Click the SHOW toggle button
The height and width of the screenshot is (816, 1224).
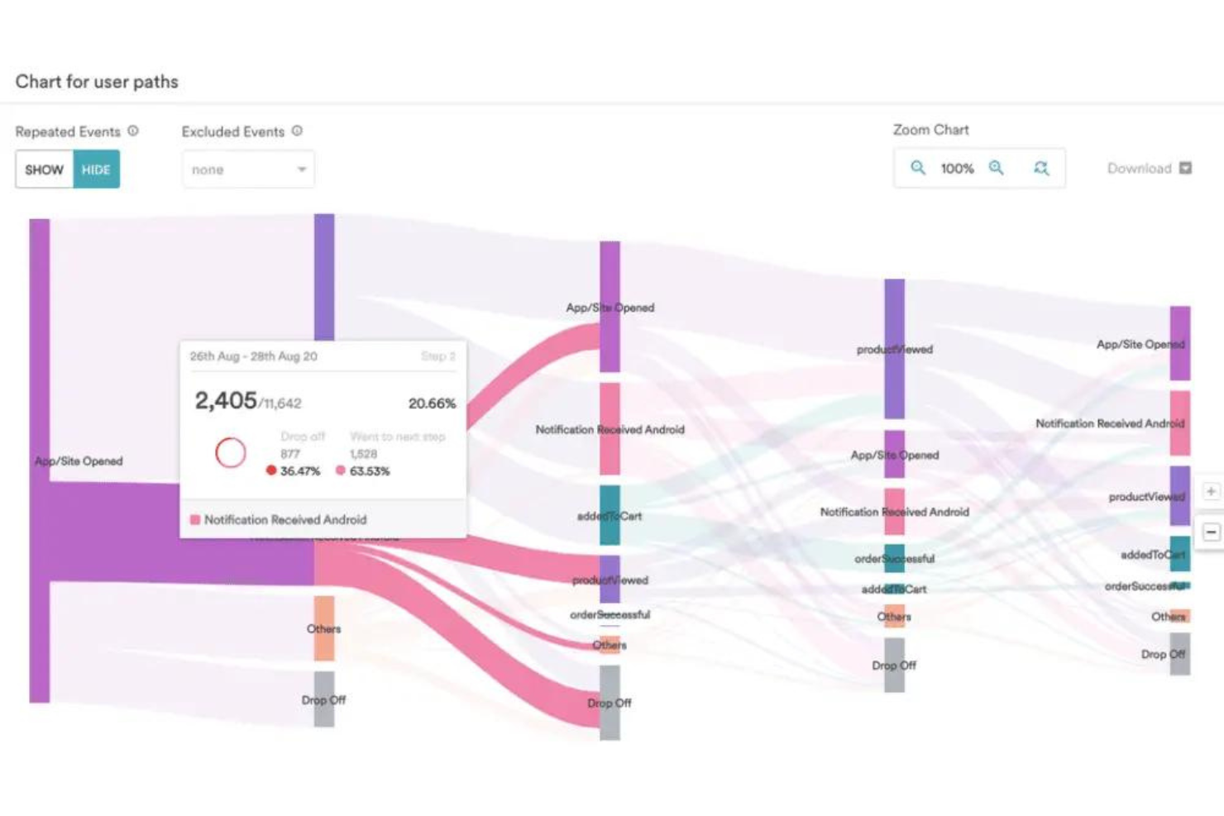click(44, 169)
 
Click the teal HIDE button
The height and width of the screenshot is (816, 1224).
click(96, 169)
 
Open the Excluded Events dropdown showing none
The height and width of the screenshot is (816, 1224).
click(248, 169)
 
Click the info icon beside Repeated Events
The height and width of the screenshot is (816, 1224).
click(133, 131)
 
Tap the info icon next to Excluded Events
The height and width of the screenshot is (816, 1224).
click(297, 131)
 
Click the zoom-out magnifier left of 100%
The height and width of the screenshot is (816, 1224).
click(918, 168)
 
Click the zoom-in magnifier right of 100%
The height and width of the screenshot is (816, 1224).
click(997, 168)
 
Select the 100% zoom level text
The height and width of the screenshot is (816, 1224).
click(957, 169)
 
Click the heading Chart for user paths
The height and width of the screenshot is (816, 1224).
click(97, 82)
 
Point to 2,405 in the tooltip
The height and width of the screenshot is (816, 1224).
click(226, 401)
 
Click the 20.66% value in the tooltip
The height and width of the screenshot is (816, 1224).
click(432, 403)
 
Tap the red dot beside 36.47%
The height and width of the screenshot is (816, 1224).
click(270, 470)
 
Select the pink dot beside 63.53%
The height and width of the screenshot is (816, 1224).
click(340, 470)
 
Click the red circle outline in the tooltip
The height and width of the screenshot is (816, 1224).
click(231, 452)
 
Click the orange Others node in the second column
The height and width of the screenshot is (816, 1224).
click(324, 628)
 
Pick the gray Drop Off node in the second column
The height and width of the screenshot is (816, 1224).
click(324, 699)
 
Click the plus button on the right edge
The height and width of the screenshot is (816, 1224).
click(1211, 491)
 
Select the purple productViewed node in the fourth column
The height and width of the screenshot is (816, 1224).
click(894, 349)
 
